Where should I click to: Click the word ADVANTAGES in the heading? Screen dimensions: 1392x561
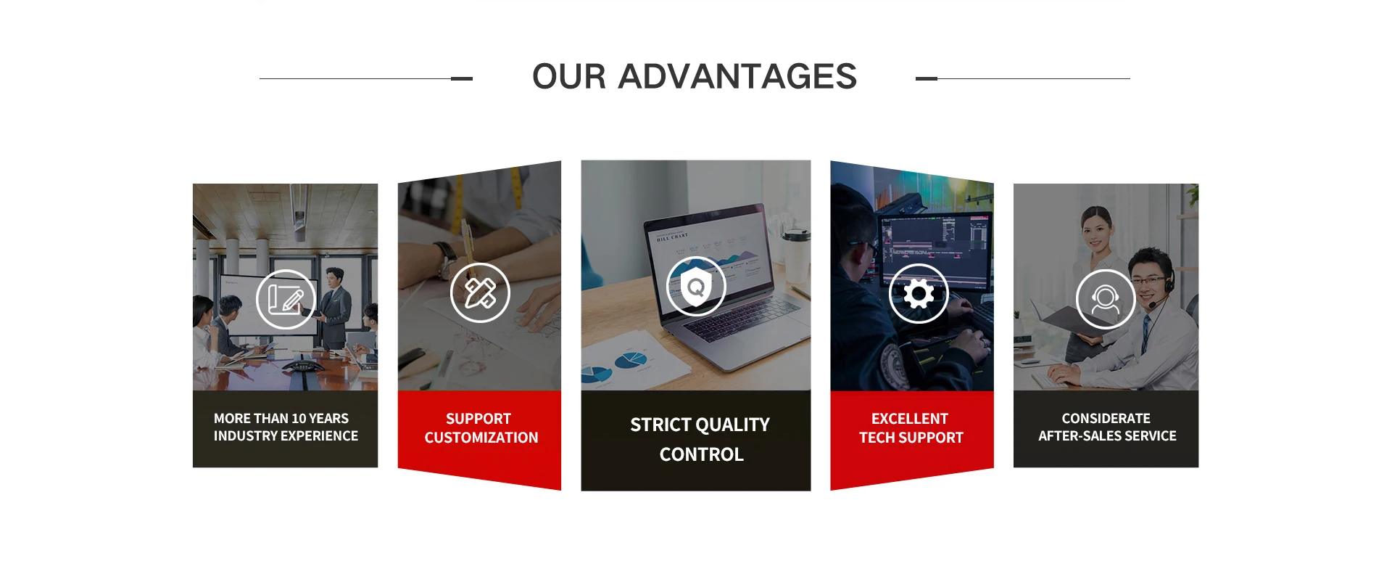pyautogui.click(x=737, y=76)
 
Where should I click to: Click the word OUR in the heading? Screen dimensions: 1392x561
pyautogui.click(x=569, y=76)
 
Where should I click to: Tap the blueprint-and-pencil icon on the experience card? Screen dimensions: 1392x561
pyautogui.click(x=286, y=299)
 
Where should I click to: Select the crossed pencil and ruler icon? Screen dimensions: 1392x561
pyautogui.click(x=480, y=292)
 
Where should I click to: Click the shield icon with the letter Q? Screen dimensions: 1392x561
pyautogui.click(x=696, y=286)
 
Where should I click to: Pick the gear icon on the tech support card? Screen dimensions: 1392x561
pyautogui.click(x=919, y=294)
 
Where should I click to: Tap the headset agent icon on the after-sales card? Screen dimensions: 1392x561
pyautogui.click(x=1106, y=299)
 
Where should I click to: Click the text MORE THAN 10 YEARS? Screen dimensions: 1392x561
pyautogui.click(x=281, y=419)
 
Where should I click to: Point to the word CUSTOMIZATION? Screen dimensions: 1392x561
pyautogui.click(x=481, y=438)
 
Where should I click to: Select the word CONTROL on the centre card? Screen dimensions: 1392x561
pyautogui.click(x=702, y=454)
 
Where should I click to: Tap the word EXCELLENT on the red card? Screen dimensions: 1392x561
pyautogui.click(x=910, y=419)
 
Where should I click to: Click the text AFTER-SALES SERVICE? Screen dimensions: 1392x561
pyautogui.click(x=1107, y=436)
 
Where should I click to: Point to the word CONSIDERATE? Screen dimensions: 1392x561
pyautogui.click(x=1106, y=419)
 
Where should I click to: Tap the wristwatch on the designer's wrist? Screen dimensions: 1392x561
pyautogui.click(x=445, y=259)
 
